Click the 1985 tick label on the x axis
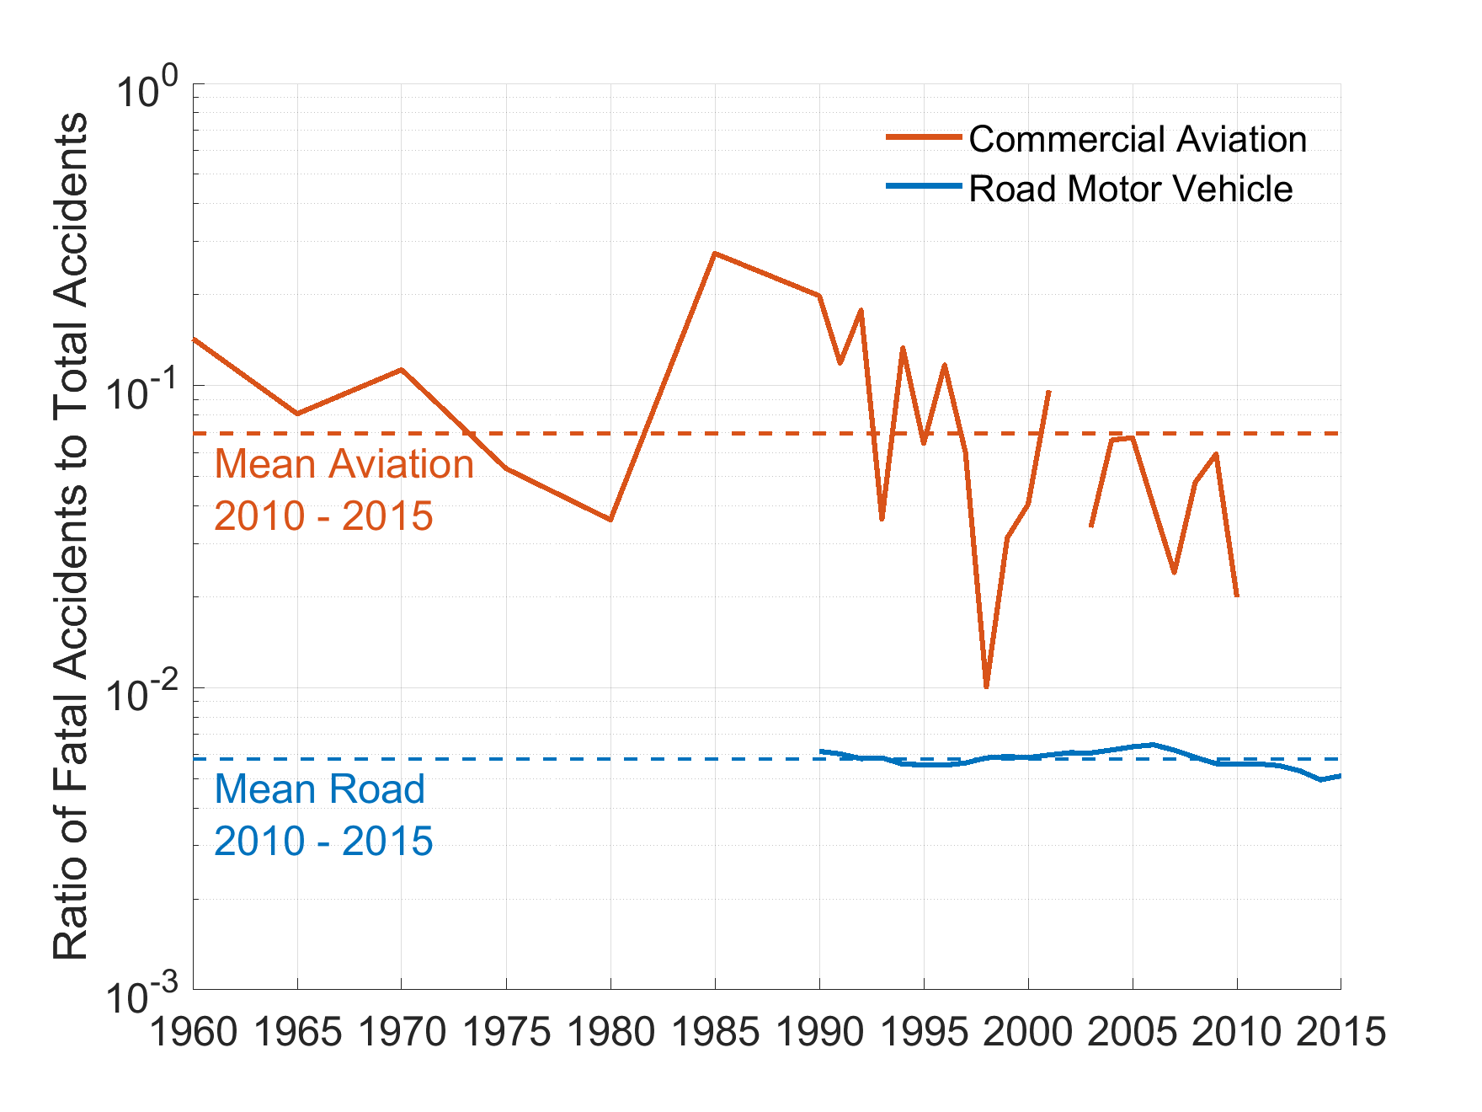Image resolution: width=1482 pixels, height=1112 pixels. [x=715, y=1031]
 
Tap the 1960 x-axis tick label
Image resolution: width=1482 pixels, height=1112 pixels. [x=194, y=1031]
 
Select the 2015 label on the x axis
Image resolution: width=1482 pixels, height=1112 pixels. [x=1341, y=1031]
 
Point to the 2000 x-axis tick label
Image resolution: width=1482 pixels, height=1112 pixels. [x=1028, y=1031]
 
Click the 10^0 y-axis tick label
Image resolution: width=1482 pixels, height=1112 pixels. [x=148, y=92]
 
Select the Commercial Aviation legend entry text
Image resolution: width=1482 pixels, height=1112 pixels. [x=1138, y=139]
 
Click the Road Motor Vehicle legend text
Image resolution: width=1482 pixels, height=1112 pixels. [x=1130, y=189]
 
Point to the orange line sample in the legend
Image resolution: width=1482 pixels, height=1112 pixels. [x=924, y=136]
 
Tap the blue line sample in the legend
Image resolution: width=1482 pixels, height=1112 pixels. [x=924, y=186]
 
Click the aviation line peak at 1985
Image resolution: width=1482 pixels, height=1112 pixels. [x=715, y=253]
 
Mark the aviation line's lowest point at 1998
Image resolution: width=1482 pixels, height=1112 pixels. [x=986, y=687]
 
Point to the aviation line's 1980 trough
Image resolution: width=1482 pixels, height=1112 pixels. [x=610, y=520]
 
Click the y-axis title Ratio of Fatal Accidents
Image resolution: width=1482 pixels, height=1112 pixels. [x=71, y=536]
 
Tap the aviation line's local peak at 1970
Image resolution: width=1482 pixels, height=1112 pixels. [x=402, y=369]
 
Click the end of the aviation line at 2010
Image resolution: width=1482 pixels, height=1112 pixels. [x=1236, y=596]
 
